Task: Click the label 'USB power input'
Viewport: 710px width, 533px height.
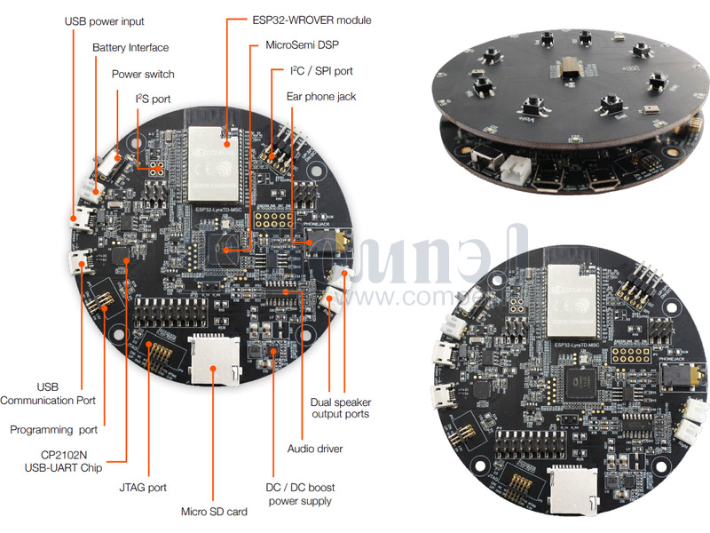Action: tap(105, 20)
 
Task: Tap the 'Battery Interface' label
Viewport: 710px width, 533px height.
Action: tap(130, 47)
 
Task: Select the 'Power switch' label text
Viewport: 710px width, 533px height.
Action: tap(143, 74)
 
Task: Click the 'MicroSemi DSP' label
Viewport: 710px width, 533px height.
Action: tap(303, 44)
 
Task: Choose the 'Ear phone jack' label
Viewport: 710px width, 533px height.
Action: tap(320, 95)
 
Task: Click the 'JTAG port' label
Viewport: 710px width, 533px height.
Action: tap(142, 487)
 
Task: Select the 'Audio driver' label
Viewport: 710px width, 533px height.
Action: tap(315, 448)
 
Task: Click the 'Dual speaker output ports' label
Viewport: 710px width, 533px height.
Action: tap(340, 408)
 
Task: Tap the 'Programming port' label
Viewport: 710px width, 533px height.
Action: tap(53, 430)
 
